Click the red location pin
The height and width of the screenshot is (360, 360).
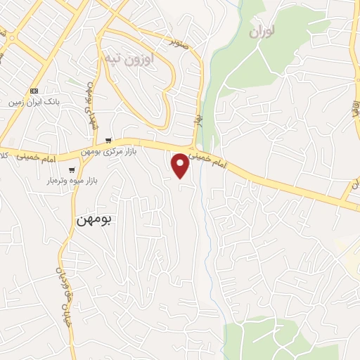[x=181, y=165]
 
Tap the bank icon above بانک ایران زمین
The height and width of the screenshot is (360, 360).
[x=33, y=91]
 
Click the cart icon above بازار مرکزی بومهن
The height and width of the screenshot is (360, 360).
[x=107, y=141]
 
